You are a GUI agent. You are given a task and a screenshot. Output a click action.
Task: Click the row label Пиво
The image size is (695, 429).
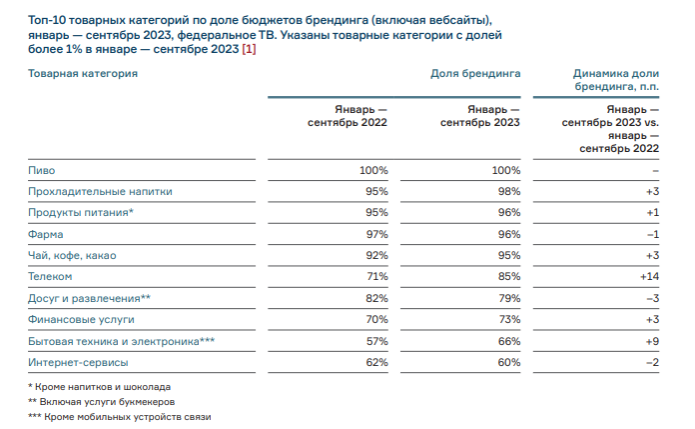41,171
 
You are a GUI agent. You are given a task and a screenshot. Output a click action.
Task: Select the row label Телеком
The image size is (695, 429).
49,277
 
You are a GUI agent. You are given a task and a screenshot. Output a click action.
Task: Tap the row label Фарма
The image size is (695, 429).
45,234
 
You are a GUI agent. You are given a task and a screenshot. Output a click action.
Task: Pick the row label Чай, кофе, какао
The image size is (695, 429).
72,256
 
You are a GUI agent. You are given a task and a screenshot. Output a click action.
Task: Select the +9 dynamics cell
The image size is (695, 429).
652,341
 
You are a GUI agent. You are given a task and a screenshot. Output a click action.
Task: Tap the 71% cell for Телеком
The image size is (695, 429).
375,277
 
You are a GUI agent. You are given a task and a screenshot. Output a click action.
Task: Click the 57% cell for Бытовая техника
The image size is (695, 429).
375,341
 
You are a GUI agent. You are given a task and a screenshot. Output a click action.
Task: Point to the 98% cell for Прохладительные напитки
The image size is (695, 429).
507,192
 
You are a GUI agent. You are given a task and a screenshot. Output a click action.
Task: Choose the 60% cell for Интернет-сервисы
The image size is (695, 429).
507,362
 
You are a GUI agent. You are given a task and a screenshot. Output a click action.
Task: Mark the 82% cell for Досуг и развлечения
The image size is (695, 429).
375,298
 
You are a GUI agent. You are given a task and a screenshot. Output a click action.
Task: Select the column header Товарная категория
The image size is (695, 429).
82,74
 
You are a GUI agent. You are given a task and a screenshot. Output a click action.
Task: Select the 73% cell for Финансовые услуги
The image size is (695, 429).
507,319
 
